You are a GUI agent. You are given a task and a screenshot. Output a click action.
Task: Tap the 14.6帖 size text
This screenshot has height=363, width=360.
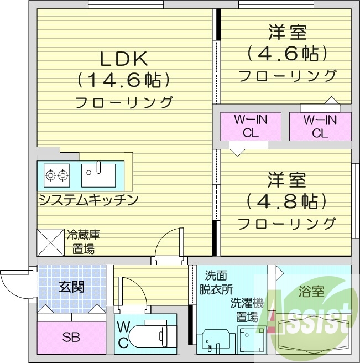coord(123,81)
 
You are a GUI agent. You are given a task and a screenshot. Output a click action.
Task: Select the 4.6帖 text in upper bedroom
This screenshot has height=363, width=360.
coord(287,54)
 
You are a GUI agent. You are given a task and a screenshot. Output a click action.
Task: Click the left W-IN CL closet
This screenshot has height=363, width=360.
coord(251,126)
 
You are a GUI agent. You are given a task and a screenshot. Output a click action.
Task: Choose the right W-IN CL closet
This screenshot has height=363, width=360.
coord(320,126)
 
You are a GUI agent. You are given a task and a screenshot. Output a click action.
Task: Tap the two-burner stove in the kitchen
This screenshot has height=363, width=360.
coord(58,175)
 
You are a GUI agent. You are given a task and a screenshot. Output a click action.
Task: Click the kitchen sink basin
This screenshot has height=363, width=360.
coord(98,175)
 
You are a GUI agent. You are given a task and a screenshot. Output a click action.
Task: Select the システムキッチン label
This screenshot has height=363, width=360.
coord(88,200)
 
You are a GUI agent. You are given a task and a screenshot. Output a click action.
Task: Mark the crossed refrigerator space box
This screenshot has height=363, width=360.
coord(50,242)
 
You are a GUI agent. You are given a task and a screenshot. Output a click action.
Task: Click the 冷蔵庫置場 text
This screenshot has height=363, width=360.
coord(84,242)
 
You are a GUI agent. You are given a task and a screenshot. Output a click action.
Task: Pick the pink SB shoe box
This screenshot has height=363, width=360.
coord(71,337)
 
